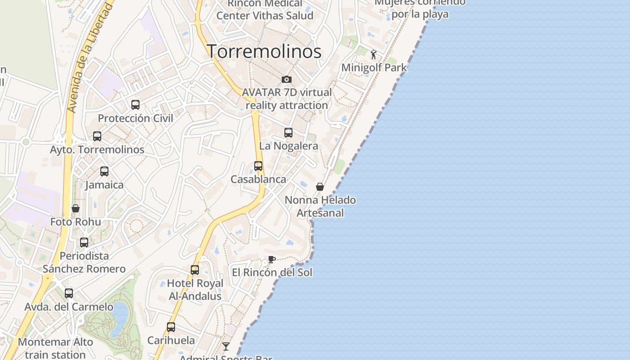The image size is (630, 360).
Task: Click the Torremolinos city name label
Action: (264, 51)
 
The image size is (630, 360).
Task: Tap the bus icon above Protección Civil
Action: (135, 105)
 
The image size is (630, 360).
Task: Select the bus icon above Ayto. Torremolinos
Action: (97, 136)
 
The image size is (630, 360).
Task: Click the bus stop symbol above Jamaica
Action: (104, 171)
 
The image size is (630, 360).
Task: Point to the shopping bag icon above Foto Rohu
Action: (76, 208)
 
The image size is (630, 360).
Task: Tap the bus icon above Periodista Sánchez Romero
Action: (84, 243)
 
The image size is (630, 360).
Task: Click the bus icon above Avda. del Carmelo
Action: (69, 293)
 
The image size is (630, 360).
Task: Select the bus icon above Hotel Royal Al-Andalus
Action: (195, 270)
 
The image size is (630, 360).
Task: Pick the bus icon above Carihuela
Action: (171, 327)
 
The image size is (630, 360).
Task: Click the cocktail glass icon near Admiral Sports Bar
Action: (226, 346)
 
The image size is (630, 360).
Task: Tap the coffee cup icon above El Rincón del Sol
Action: (271, 259)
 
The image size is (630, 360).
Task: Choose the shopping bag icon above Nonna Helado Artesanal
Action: (320, 187)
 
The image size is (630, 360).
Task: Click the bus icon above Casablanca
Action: (258, 166)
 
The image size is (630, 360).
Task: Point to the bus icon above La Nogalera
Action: (288, 133)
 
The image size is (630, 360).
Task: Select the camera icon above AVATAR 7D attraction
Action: (287, 80)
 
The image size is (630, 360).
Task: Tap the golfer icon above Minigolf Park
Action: (373, 55)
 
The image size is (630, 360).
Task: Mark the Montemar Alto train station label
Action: (55, 348)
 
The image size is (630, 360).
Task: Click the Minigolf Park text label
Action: (374, 67)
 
